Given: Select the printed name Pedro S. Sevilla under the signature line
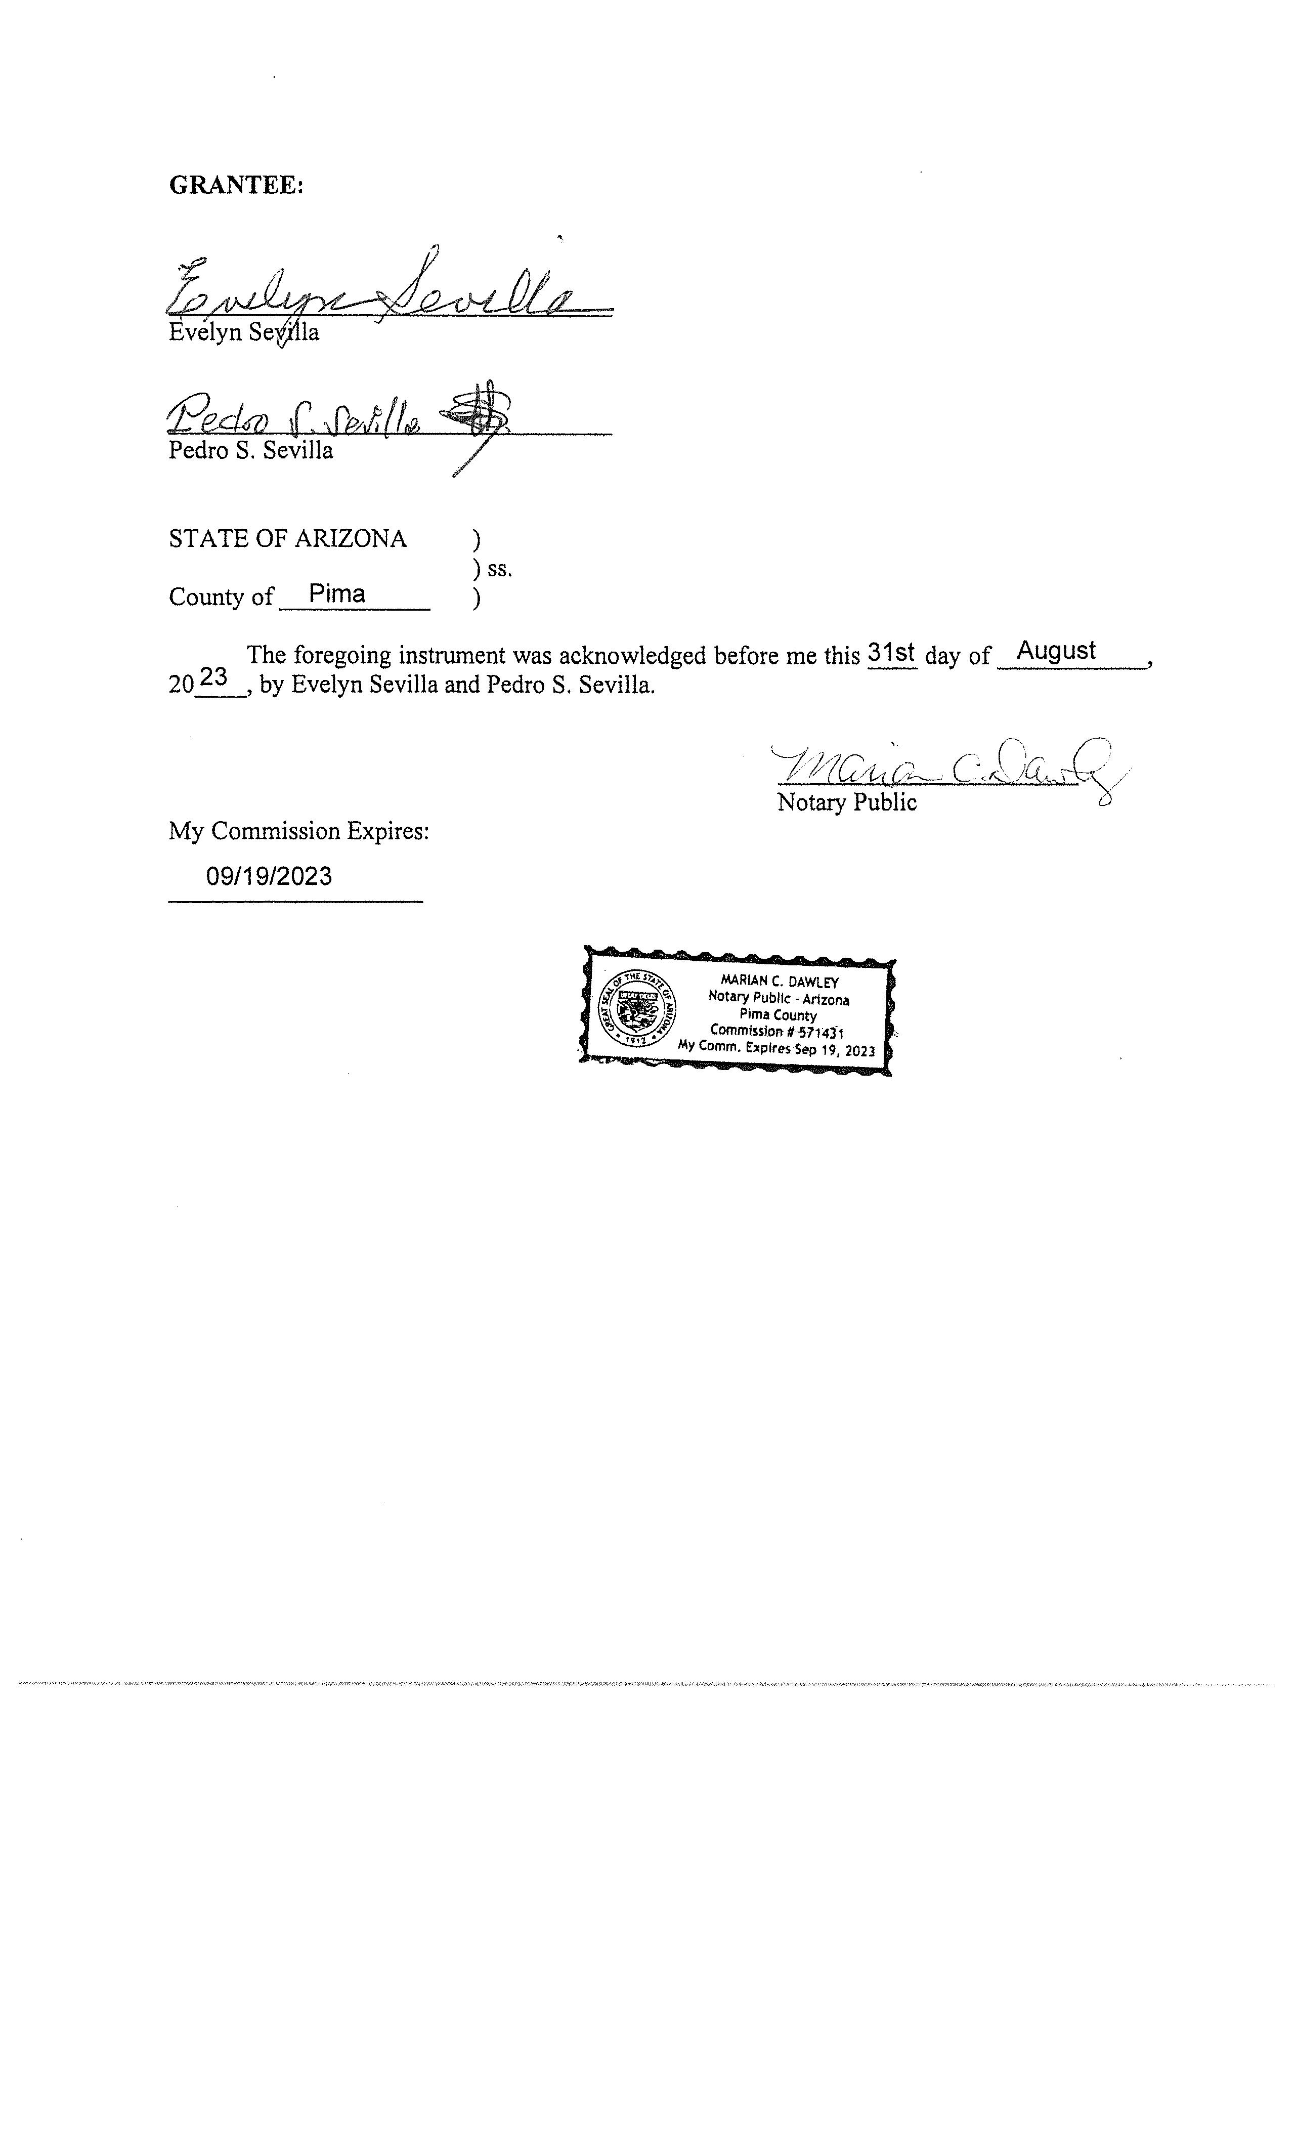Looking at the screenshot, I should (250, 451).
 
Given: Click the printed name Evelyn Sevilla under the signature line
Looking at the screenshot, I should (244, 333).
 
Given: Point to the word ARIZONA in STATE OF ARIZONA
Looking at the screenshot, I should (351, 539).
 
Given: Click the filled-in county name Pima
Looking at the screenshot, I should (337, 593).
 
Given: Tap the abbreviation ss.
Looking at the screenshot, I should (499, 569).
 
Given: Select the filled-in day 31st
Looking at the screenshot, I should (891, 652).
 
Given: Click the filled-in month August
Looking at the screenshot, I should (1056, 651).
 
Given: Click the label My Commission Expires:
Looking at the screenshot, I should (298, 831).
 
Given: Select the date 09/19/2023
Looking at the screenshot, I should (269, 876).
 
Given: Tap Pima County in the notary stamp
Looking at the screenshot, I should (778, 1015).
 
